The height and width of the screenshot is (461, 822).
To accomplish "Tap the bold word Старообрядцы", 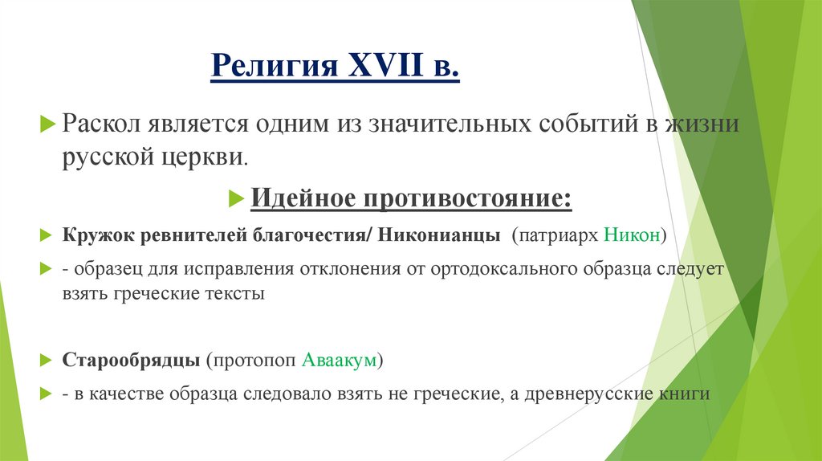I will coord(131,360).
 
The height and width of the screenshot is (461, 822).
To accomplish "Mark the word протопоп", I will coord(253,360).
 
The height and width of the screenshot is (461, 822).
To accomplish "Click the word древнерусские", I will coord(611,394).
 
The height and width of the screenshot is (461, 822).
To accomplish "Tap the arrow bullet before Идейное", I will coord(236,197).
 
